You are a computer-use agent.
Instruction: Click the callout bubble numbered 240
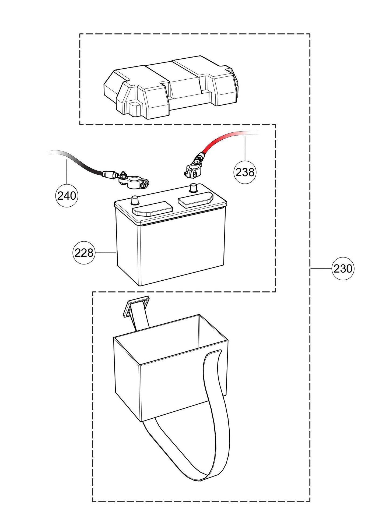(67, 196)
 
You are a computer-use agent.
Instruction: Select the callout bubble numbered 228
(84, 253)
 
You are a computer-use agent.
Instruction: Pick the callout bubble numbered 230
(343, 269)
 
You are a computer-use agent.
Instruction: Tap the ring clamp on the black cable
(137, 183)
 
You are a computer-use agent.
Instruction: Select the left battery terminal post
(134, 200)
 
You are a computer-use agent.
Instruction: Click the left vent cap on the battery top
(153, 209)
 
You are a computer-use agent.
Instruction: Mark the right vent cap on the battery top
(195, 199)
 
